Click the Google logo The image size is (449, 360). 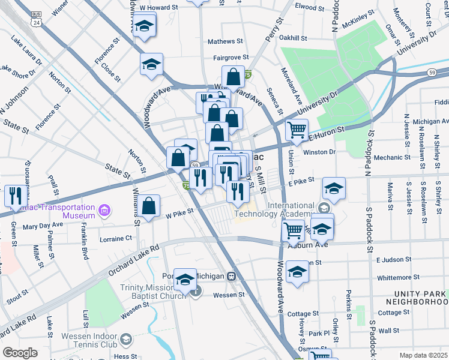20,353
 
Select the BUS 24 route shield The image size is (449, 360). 37,18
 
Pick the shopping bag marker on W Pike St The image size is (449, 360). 149,206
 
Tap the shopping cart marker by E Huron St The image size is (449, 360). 297,130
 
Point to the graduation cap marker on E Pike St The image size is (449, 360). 334,188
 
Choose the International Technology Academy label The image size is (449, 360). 282,209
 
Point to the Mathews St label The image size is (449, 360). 224,42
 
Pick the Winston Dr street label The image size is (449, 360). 320,152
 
